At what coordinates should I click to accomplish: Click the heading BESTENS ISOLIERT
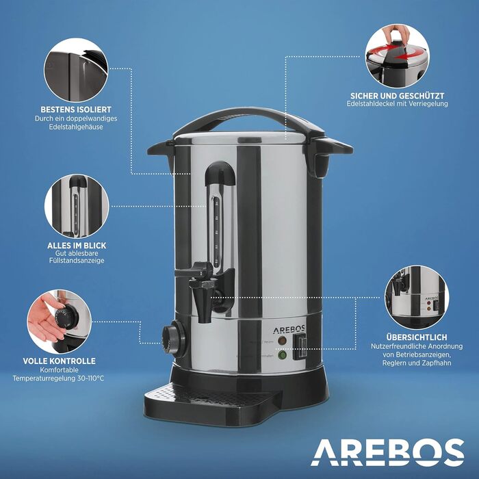75,109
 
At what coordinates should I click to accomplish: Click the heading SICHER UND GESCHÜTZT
398,95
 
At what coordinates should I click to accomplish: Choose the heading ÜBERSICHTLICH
417,337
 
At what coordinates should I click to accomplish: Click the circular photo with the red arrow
398,53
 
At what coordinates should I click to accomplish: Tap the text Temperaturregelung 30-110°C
67,378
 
